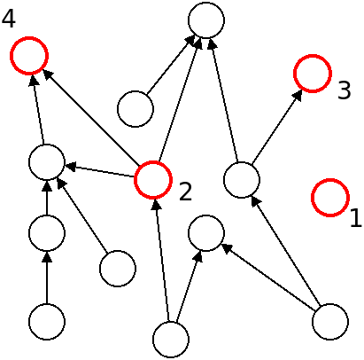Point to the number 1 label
356,218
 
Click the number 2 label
185,192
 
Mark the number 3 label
345,90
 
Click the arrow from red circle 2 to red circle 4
91,118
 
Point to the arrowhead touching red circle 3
298,95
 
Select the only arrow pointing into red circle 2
161,260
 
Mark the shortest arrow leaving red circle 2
99,171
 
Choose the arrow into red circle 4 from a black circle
38,110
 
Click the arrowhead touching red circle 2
156,205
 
